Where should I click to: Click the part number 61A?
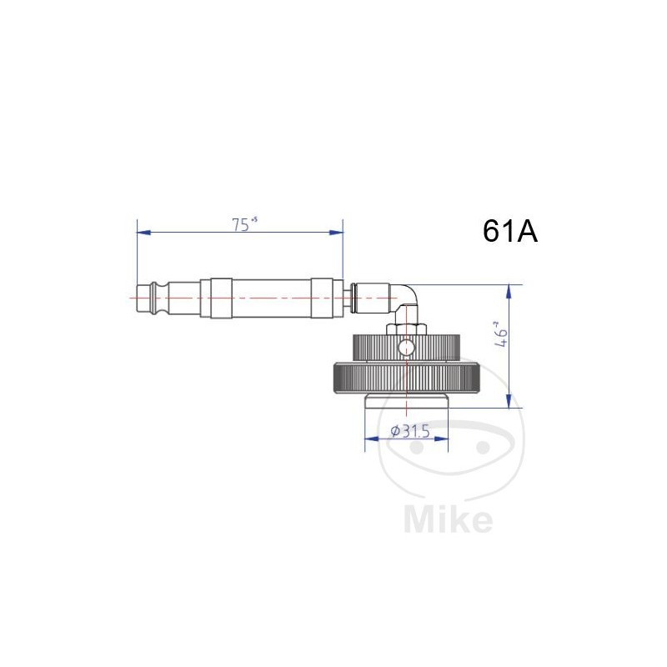tap(509, 231)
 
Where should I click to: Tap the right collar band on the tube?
tap(323, 297)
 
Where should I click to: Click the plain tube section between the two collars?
tap(271, 297)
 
